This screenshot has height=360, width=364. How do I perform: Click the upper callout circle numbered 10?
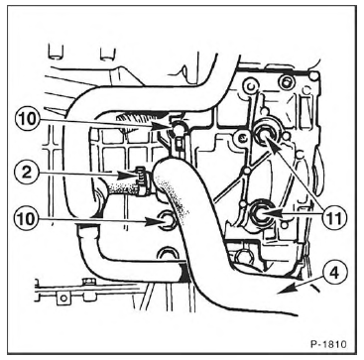pyautogui.click(x=27, y=119)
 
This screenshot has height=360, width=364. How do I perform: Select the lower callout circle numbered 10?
pyautogui.click(x=27, y=219)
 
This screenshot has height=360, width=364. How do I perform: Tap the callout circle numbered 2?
pyautogui.click(x=27, y=173)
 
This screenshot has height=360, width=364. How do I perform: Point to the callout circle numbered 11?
pyautogui.click(x=333, y=218)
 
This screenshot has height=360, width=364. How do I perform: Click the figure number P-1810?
pyautogui.click(x=328, y=344)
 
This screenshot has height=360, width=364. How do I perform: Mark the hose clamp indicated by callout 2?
pyautogui.click(x=143, y=181)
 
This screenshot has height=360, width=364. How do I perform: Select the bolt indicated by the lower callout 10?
pyautogui.click(x=167, y=219)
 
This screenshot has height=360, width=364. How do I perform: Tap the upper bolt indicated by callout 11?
pyautogui.click(x=266, y=134)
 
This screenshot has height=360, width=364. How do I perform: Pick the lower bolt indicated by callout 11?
pyautogui.click(x=262, y=213)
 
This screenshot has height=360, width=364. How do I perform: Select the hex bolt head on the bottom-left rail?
pyautogui.click(x=87, y=283)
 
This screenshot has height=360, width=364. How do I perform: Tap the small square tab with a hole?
pyautogui.click(x=63, y=299)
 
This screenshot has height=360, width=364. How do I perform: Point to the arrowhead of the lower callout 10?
pyautogui.click(x=154, y=221)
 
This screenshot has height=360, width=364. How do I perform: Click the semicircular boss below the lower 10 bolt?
pyautogui.click(x=169, y=252)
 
